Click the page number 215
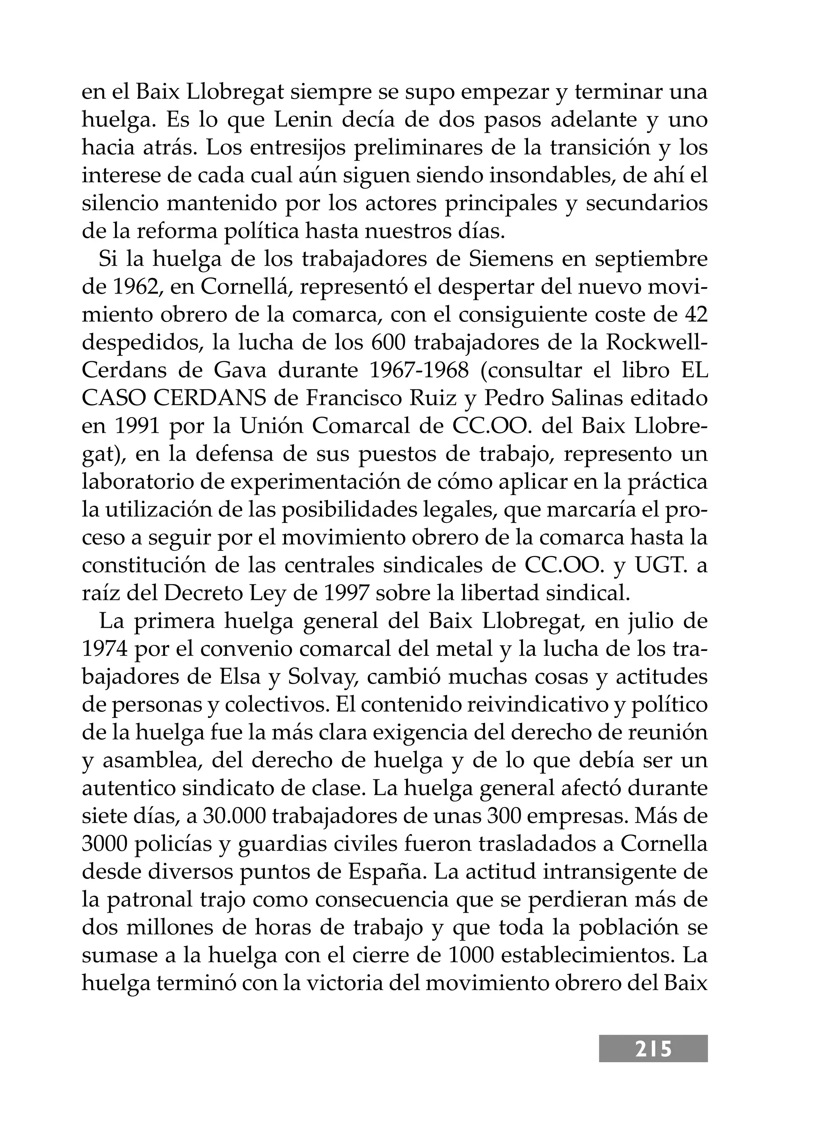pos(653,1049)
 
